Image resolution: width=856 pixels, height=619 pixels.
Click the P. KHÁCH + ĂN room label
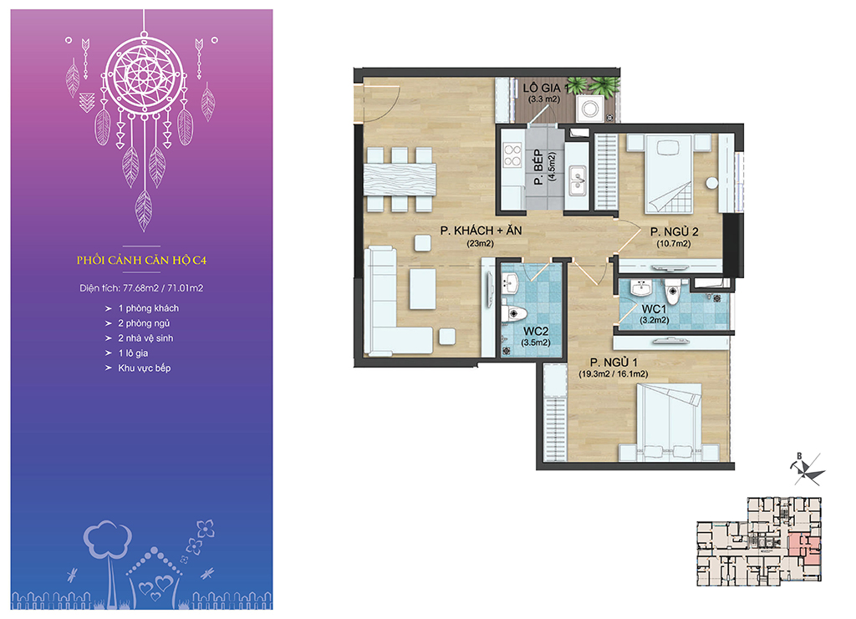[481, 231]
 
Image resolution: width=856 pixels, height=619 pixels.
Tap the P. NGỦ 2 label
[675, 231]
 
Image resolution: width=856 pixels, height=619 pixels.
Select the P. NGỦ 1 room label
[614, 363]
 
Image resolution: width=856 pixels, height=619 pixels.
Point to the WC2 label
[536, 331]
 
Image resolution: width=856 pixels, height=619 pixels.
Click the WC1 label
[654, 309]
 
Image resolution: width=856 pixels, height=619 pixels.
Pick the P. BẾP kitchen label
[538, 167]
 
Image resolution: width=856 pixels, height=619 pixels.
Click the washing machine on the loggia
[590, 109]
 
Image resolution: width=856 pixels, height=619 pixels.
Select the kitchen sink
[577, 181]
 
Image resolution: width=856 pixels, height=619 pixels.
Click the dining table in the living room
[400, 180]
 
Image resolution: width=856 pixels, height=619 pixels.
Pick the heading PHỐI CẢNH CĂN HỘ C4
[141, 260]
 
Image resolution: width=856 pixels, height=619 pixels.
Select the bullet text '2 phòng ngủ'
[144, 323]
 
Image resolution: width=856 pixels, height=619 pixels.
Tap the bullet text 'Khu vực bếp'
[145, 368]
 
